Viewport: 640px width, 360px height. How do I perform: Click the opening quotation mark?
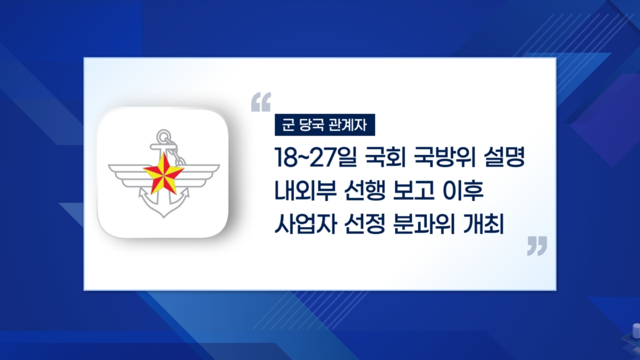click(x=261, y=102)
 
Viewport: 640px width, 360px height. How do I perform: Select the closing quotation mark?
click(x=537, y=246)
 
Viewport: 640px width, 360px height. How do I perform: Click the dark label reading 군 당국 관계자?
click(x=325, y=125)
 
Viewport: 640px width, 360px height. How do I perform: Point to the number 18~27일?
click(x=316, y=157)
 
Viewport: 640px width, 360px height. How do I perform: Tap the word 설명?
click(x=505, y=157)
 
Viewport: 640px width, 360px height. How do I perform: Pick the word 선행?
click(x=365, y=190)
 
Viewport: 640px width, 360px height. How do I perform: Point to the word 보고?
click(x=414, y=190)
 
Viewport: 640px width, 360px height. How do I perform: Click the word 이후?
click(x=463, y=190)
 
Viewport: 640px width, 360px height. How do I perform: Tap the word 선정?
click(x=365, y=223)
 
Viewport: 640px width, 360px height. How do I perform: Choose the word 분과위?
click(x=425, y=223)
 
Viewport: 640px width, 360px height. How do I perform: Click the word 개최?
click(x=483, y=223)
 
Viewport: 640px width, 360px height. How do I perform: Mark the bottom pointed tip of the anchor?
click(x=164, y=218)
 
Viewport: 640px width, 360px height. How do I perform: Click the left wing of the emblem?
click(x=127, y=174)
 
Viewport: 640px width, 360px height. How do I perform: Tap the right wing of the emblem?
click(x=200, y=174)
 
